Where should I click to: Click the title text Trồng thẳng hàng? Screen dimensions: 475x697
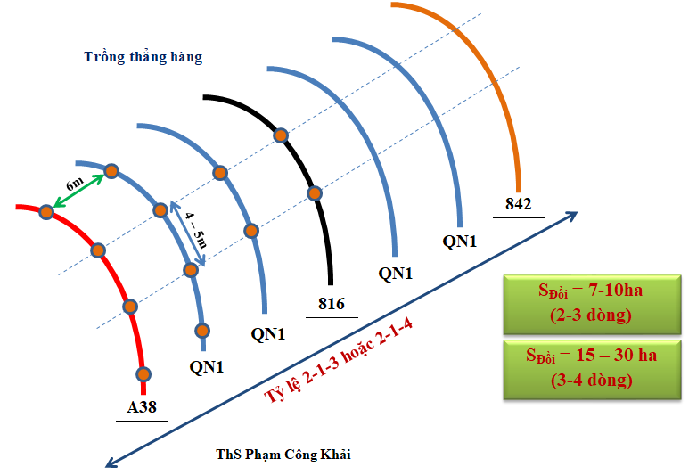[x=143, y=58]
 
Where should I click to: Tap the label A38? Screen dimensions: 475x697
[x=141, y=408]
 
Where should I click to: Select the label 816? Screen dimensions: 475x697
[x=332, y=304]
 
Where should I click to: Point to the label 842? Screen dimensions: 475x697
[x=518, y=204]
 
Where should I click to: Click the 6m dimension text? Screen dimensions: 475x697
[x=75, y=184]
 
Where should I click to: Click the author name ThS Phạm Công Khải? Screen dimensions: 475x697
[x=283, y=455]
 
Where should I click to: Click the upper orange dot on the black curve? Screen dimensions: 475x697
[x=280, y=135]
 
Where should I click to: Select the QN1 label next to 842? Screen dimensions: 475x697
[x=460, y=241]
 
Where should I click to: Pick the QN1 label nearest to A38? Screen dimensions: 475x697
[x=207, y=365]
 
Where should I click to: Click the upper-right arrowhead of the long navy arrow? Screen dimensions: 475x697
[x=572, y=215]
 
